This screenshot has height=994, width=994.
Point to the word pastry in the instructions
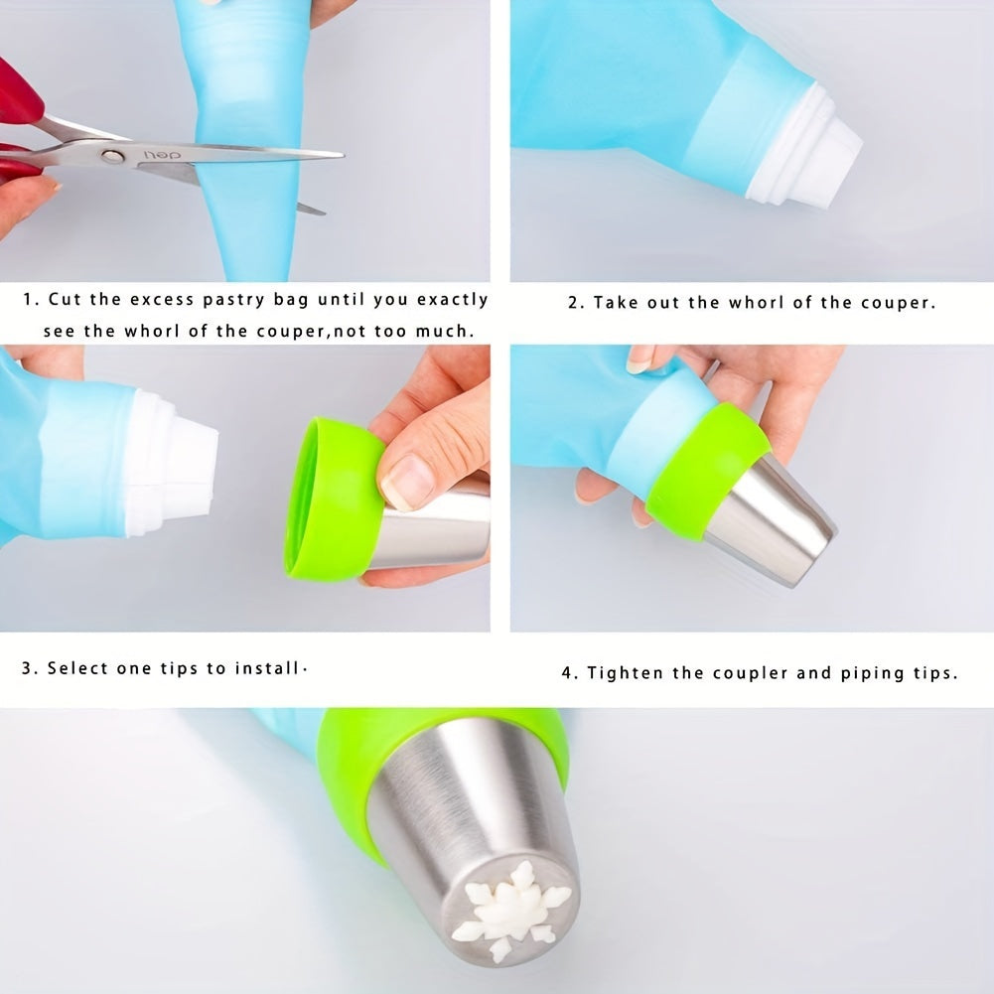click(x=234, y=299)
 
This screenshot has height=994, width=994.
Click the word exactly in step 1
click(x=452, y=299)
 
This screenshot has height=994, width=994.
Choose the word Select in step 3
click(x=77, y=667)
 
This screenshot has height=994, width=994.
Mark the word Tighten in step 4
click(x=625, y=673)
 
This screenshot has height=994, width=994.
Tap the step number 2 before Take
click(x=573, y=303)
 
